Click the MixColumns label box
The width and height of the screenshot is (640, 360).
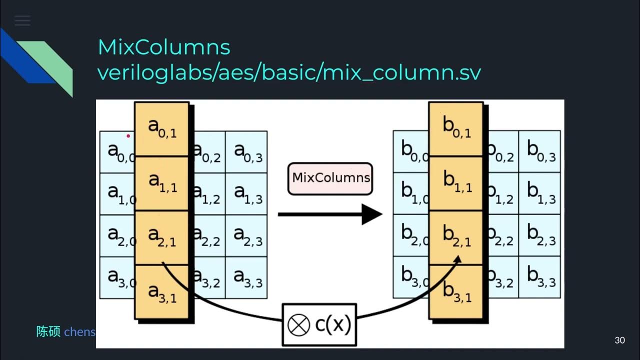click(x=330, y=178)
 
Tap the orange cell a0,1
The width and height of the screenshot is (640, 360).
click(x=162, y=129)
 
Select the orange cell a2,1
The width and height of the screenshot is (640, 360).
click(x=162, y=237)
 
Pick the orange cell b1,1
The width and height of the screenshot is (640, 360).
click(x=456, y=183)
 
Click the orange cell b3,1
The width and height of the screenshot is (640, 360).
click(x=456, y=292)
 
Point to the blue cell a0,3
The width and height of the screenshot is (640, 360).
click(x=246, y=152)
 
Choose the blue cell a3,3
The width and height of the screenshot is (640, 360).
click(x=246, y=277)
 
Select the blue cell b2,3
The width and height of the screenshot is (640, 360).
click(x=540, y=235)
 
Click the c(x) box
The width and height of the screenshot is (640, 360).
click(x=319, y=325)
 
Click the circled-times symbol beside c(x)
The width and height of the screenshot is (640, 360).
click(x=298, y=326)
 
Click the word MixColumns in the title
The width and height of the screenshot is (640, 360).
click(x=164, y=47)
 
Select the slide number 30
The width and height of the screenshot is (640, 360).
click(x=619, y=340)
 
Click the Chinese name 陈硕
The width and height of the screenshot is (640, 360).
click(x=48, y=331)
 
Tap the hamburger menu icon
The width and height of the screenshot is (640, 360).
click(x=22, y=20)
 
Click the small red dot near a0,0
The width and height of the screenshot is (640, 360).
click(x=128, y=135)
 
